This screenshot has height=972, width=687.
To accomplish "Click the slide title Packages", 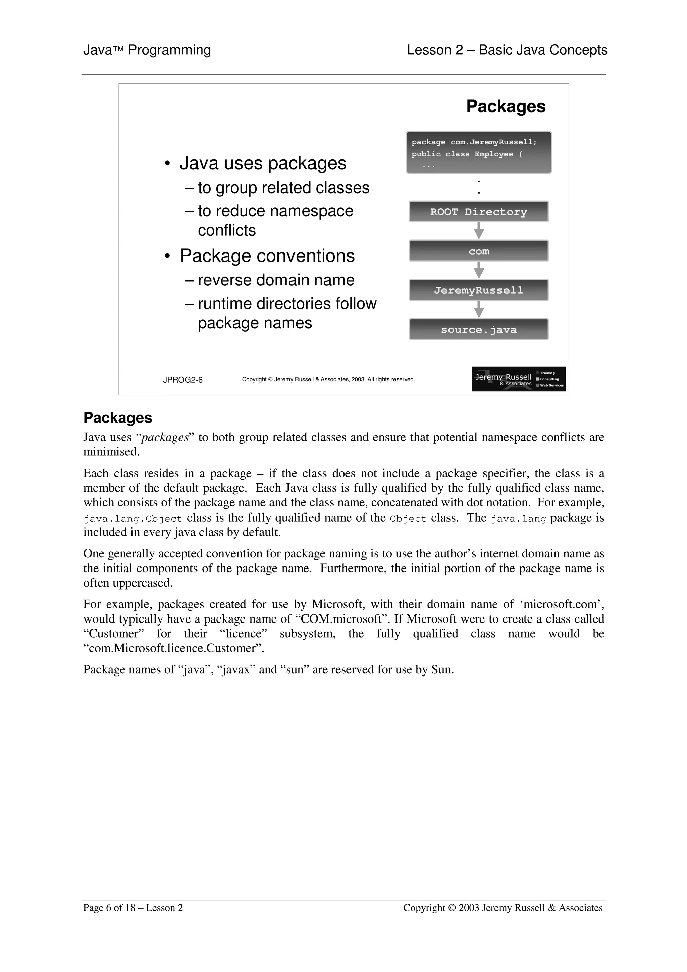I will tap(506, 106).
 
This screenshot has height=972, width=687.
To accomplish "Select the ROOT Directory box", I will tap(478, 212).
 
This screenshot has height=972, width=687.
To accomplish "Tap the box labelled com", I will tap(478, 251).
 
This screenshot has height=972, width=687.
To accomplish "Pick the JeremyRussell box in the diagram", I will tap(478, 290).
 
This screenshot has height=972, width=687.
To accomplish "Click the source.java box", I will tap(478, 329).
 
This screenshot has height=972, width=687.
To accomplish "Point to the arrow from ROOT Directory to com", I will tap(479, 231).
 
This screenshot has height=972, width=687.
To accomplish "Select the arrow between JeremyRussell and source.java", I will tap(479, 310).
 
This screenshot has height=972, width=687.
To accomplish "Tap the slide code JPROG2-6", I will tap(182, 380).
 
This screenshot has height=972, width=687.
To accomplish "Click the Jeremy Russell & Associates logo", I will tap(518, 379).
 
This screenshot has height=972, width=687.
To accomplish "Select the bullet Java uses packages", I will tap(262, 163).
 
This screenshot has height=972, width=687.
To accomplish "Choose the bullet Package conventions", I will tap(267, 256).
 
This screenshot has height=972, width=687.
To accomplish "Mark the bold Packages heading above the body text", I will tap(118, 418).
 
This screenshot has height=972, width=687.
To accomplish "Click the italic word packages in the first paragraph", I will tap(164, 437).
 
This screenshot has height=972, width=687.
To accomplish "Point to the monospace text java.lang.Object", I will tap(133, 519).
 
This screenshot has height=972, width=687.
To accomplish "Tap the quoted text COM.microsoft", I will tap(341, 619).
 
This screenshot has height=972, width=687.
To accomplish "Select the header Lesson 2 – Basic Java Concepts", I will tap(507, 50).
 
